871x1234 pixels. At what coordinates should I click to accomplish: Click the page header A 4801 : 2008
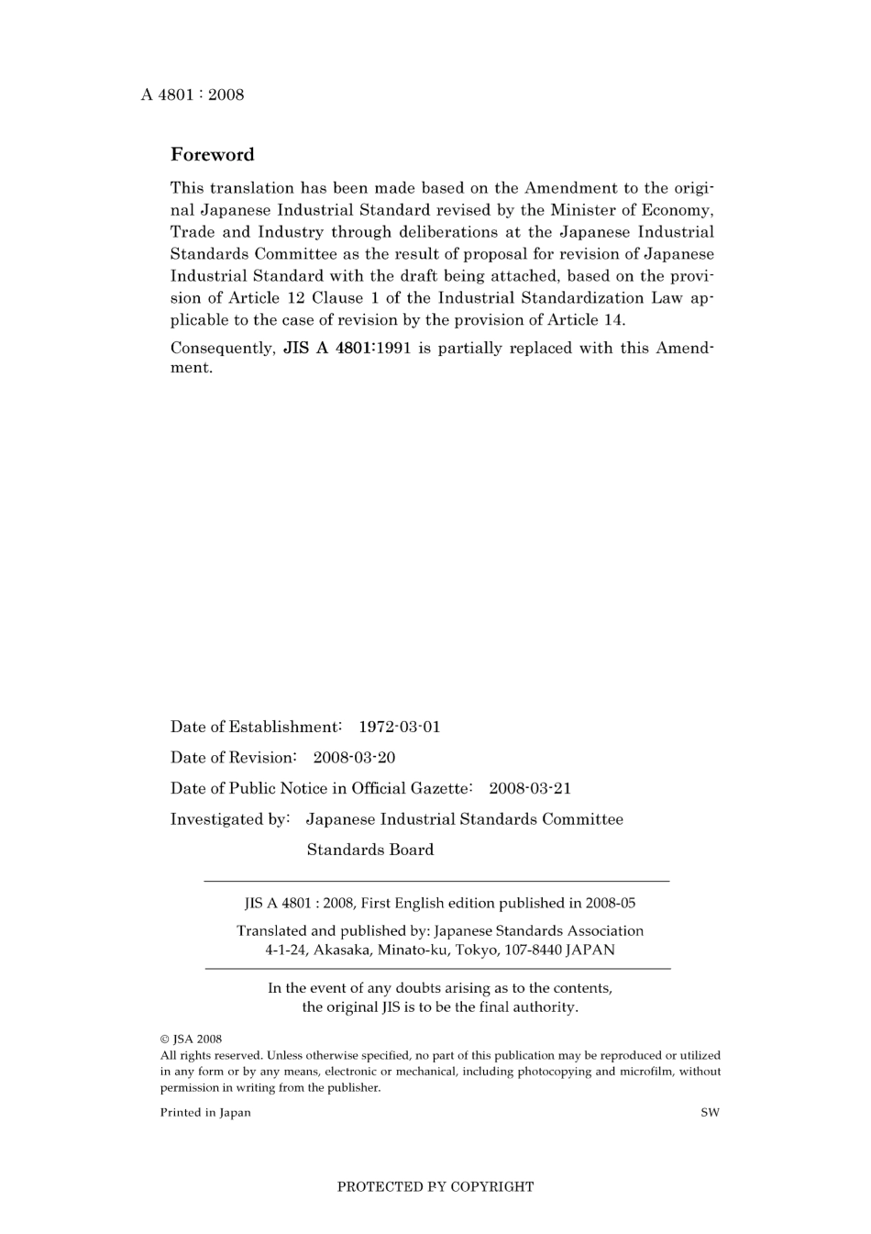pyautogui.click(x=193, y=94)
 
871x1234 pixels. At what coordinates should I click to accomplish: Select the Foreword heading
pyautogui.click(x=212, y=154)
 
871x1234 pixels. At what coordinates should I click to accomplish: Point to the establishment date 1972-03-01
pyautogui.click(x=399, y=727)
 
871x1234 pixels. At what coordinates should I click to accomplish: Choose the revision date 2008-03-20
pyautogui.click(x=354, y=758)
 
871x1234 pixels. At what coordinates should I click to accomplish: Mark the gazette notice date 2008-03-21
pyautogui.click(x=530, y=788)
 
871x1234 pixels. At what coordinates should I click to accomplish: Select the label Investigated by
pyautogui.click(x=229, y=819)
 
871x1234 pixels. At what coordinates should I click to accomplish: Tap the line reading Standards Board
pyautogui.click(x=370, y=850)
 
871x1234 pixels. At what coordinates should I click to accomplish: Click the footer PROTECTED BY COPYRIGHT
pyautogui.click(x=435, y=1186)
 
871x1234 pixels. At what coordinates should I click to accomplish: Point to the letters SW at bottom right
pyautogui.click(x=711, y=1113)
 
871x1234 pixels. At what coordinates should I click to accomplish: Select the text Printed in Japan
pyautogui.click(x=205, y=1113)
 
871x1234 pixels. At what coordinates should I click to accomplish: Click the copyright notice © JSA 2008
pyautogui.click(x=192, y=1039)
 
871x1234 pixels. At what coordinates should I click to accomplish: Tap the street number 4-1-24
pyautogui.click(x=287, y=951)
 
